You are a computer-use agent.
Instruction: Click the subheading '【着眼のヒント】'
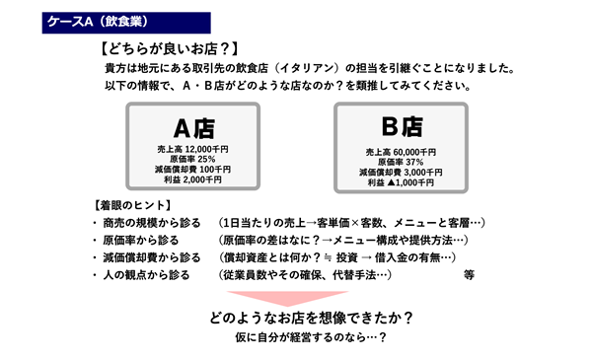[x=121, y=206]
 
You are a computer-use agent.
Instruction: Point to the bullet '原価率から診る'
[x=142, y=241]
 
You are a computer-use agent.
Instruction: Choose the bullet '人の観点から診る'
[x=148, y=276]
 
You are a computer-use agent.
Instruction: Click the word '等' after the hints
[x=469, y=277]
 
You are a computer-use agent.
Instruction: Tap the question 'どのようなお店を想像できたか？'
[x=310, y=318]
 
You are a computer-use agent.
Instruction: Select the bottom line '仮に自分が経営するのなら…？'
[x=310, y=338]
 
